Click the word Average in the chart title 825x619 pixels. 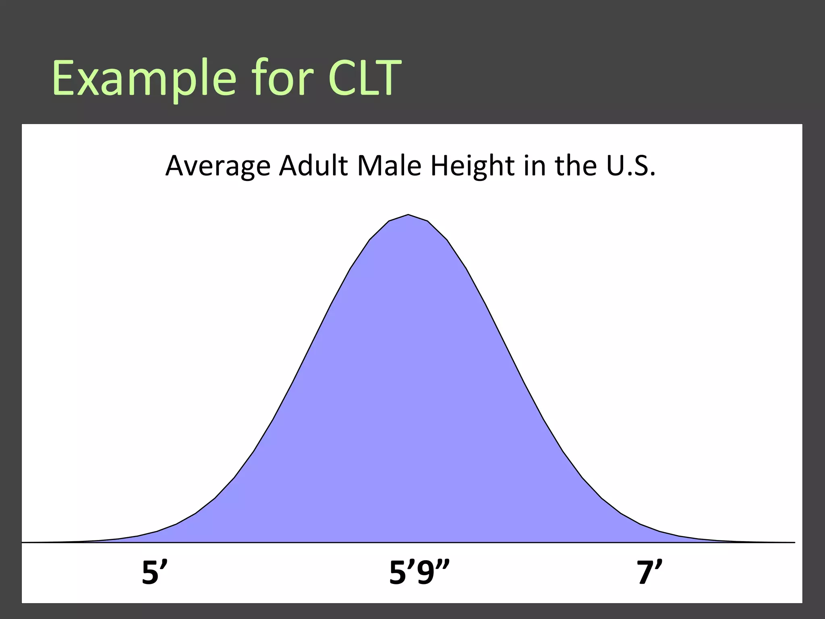218,166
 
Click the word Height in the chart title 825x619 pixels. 473,166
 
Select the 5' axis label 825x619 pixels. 155,572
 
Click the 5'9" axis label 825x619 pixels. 419,572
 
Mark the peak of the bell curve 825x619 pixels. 408,215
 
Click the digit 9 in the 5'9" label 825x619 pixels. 426,573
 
